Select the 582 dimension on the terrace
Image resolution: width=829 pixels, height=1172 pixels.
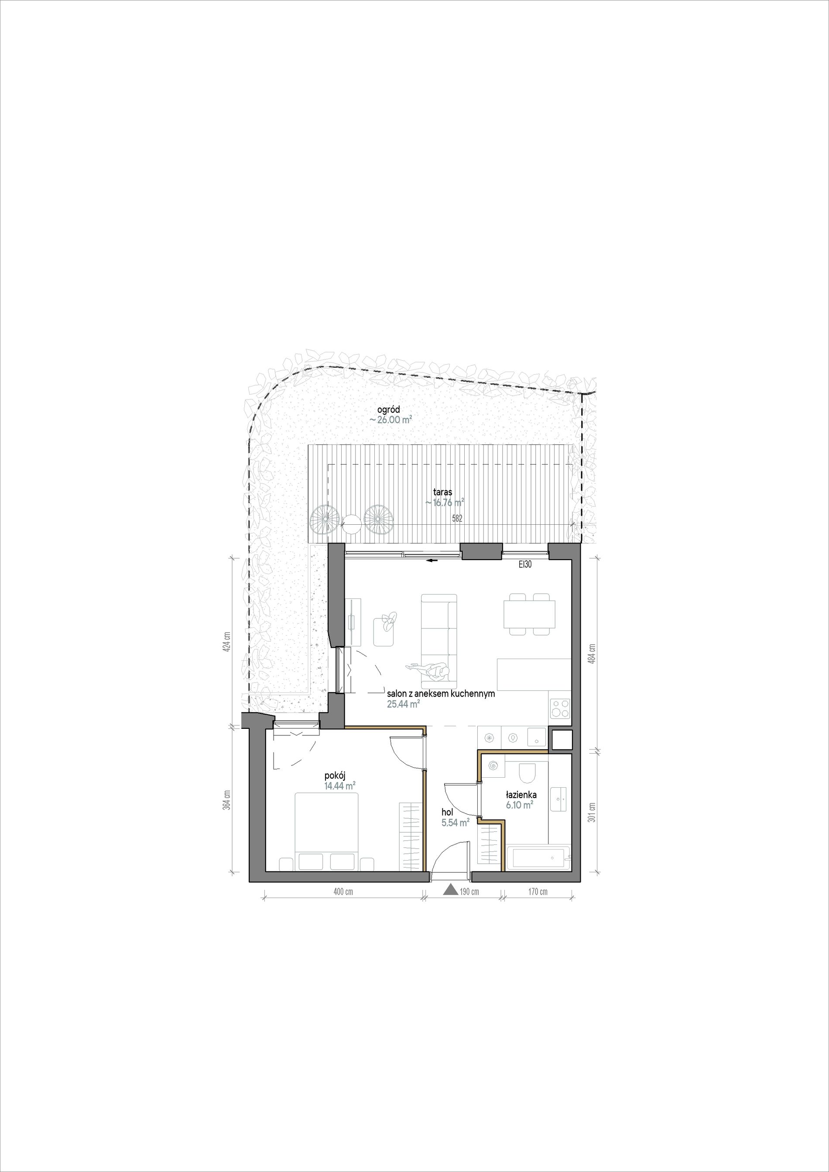[458, 518]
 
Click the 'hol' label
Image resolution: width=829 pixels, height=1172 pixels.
[447, 812]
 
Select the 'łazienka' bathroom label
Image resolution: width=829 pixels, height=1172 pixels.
[521, 795]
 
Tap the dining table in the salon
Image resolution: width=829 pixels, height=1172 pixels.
[529, 614]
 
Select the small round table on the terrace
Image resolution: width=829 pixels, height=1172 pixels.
[351, 521]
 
